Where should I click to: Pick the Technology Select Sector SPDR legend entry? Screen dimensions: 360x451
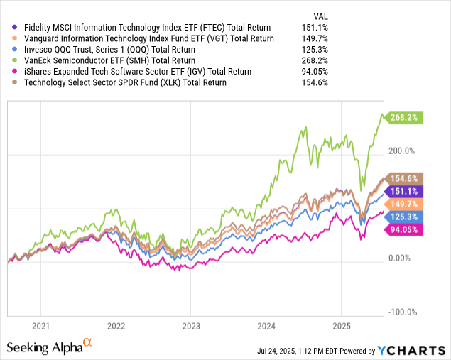[125, 83]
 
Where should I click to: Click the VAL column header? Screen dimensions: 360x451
[301, 14]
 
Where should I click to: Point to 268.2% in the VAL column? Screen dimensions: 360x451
[299, 60]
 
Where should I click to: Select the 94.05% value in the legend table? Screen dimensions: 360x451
[299, 72]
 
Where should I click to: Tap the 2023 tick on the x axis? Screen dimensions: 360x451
[190, 326]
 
